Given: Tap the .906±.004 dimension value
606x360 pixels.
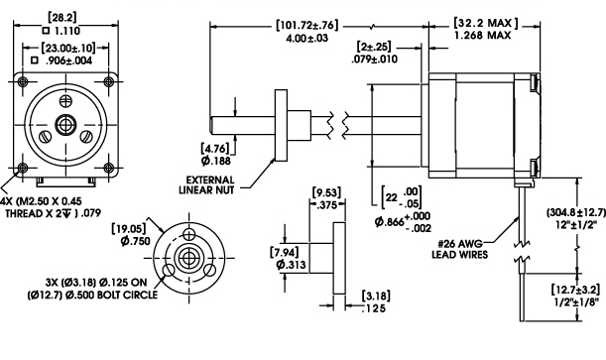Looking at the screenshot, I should click(76, 60).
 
